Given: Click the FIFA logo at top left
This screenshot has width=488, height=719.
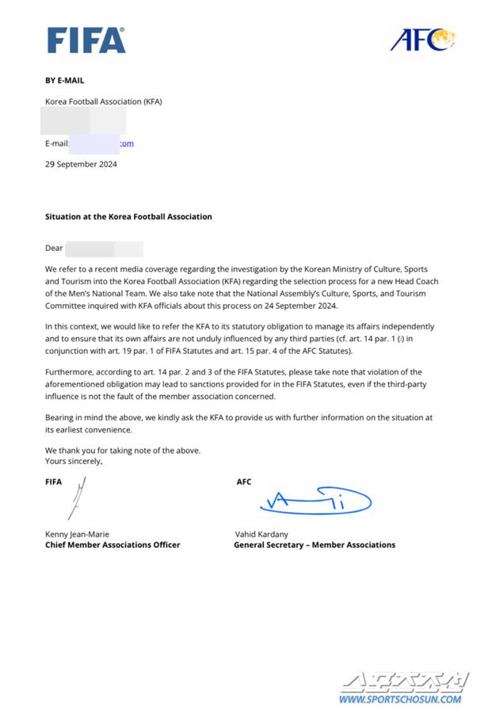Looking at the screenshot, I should [x=86, y=40].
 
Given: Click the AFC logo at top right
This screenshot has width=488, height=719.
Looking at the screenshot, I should [x=422, y=38].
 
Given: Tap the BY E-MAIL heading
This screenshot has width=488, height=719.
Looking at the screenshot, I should [x=64, y=80].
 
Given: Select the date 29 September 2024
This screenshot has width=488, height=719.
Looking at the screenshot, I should [x=81, y=164].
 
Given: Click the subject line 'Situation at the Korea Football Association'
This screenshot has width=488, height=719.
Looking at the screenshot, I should [x=128, y=216].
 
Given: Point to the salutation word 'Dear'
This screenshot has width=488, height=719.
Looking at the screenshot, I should [x=54, y=248].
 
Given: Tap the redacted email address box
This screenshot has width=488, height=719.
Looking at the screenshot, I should [x=93, y=143].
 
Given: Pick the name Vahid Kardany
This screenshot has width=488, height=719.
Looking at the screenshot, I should [x=262, y=534].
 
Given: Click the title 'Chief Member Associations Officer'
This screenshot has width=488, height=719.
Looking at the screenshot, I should [x=112, y=545].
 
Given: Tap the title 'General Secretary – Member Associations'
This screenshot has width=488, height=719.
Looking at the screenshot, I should [x=314, y=545].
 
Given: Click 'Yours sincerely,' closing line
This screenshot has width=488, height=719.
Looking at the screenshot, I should [x=74, y=460].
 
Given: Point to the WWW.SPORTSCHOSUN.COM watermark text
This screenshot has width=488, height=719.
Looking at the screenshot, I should [x=400, y=699].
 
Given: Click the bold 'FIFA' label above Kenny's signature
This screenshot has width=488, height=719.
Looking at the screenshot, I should [x=53, y=481].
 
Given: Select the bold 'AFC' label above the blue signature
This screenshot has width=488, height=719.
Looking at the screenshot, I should [x=244, y=481].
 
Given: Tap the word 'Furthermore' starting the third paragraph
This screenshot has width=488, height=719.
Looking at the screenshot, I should [x=69, y=372].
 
